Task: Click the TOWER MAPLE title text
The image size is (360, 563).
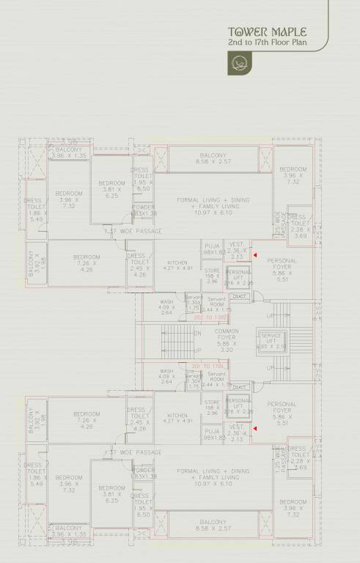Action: click(267, 32)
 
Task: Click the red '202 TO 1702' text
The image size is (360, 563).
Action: click(208, 317)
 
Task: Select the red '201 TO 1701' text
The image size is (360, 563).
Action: click(207, 365)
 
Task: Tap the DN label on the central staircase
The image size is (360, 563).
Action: click(197, 333)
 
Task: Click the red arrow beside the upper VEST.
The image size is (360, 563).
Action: click(255, 255)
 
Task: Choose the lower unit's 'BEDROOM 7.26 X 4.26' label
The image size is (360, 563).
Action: click(87, 418)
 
